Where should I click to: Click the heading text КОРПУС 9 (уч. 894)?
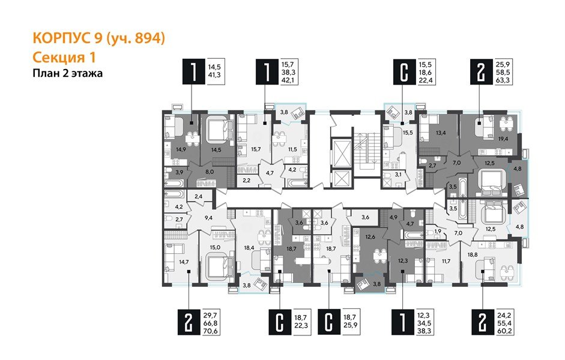tap(97, 39)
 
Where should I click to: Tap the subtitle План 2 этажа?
tap(67, 74)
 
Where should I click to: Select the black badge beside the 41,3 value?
tap(192, 73)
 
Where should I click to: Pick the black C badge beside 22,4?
tap(402, 73)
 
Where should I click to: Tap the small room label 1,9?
tap(438, 230)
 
